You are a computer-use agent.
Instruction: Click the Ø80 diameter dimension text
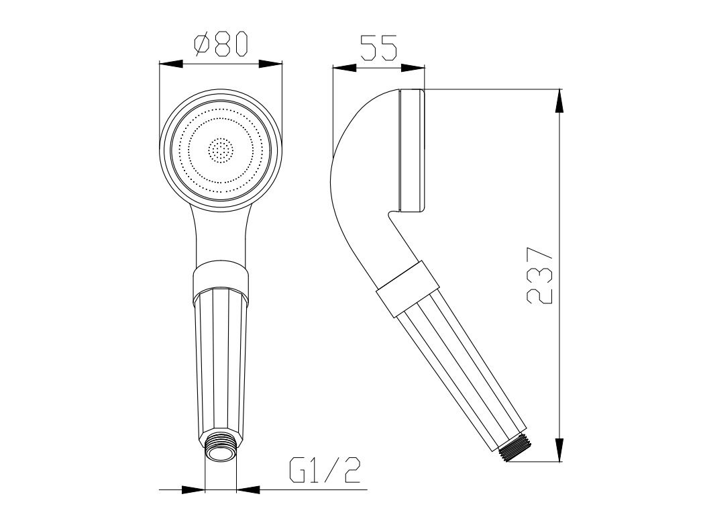[x=221, y=44]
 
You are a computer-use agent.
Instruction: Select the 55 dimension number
[x=379, y=47]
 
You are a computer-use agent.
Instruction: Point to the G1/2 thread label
[x=325, y=469]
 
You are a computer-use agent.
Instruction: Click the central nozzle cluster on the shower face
[x=221, y=150]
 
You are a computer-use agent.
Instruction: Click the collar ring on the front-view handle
[x=220, y=278]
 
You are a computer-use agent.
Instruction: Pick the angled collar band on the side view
[x=407, y=289]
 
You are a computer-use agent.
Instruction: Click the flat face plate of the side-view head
[x=411, y=150]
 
